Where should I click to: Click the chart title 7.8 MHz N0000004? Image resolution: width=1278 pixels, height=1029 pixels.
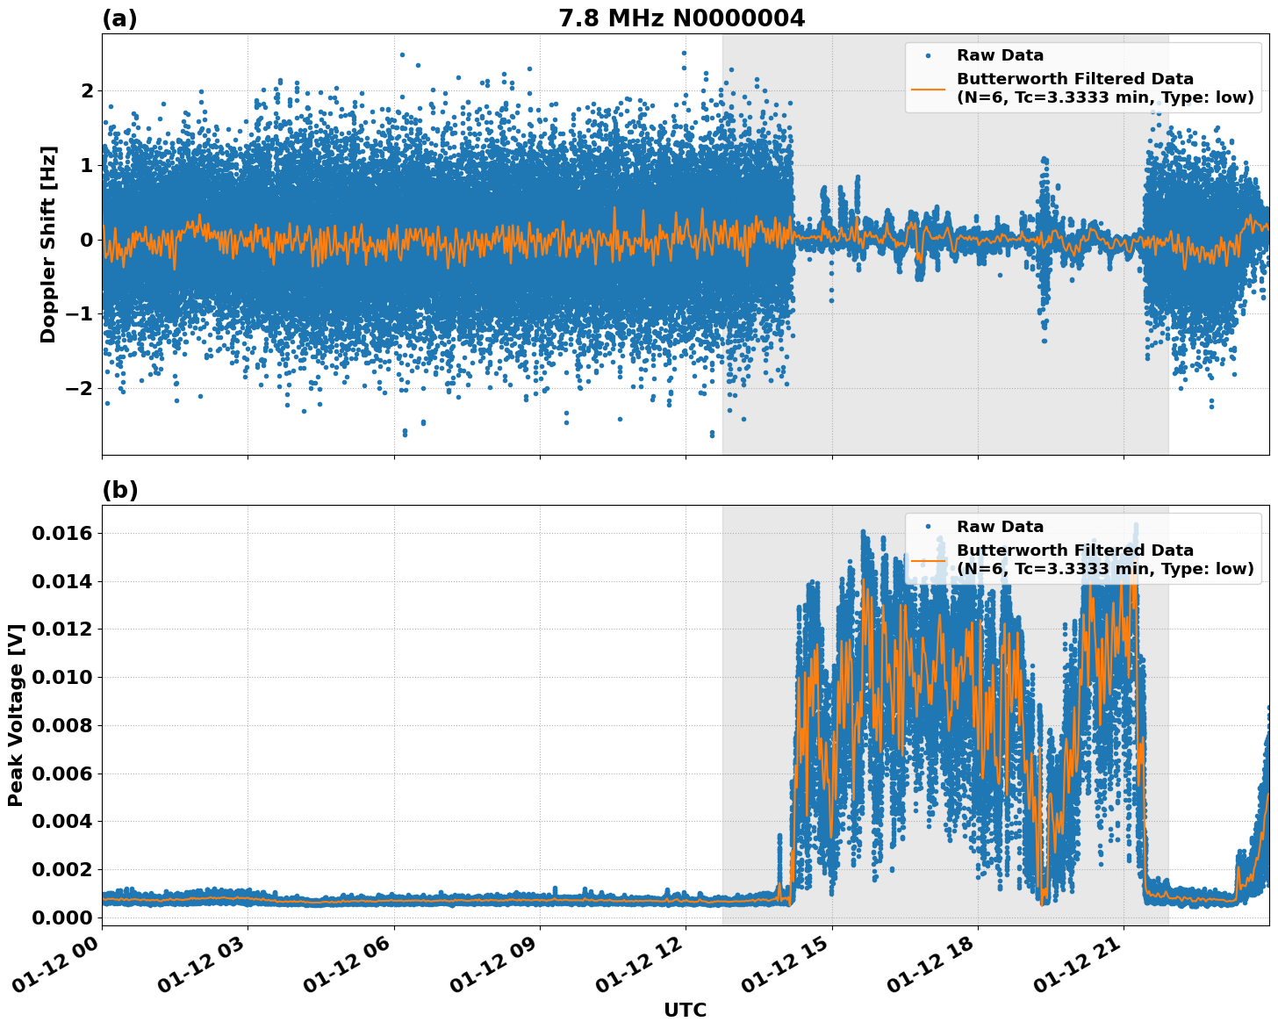pos(681,18)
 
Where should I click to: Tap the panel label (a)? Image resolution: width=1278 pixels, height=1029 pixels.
pos(119,18)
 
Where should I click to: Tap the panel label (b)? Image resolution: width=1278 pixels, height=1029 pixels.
pos(119,490)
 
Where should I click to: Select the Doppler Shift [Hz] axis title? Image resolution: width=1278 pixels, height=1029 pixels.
pos(48,244)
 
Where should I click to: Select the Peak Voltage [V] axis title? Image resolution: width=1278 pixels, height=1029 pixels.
pos(15,715)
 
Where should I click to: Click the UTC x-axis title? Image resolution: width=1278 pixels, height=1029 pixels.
pos(685,1010)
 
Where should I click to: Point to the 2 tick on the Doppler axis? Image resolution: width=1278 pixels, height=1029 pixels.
pos(86,90)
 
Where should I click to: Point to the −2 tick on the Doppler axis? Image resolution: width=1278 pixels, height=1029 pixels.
pos(80,388)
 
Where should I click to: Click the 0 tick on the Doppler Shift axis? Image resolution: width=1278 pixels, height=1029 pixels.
pos(86,240)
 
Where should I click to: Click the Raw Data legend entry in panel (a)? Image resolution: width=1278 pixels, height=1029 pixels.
pos(1000,55)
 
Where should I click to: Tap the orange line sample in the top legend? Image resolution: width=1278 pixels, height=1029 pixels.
pos(928,89)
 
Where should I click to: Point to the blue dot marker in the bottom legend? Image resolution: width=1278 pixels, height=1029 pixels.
pos(928,527)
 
